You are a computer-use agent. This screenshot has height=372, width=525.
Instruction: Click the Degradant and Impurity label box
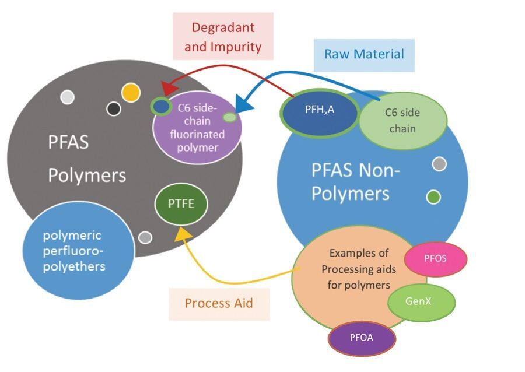pyautogui.click(x=223, y=36)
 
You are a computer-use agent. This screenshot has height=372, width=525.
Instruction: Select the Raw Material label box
pyautogui.click(x=364, y=55)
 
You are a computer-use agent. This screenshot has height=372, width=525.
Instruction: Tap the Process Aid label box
pyautogui.click(x=219, y=304)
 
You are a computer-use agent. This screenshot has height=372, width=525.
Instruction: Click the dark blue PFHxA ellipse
pyautogui.click(x=320, y=110)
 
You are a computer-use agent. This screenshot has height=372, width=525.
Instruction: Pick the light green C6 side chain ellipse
pyautogui.click(x=402, y=121)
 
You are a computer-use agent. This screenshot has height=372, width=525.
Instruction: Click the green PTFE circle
pyautogui.click(x=181, y=205)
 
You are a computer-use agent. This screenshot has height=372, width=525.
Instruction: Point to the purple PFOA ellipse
pyautogui.click(x=362, y=338)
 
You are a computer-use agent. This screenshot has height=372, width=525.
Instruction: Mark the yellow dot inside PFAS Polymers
pyautogui.click(x=131, y=92)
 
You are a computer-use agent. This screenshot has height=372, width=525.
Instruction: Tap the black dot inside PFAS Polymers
pyautogui.click(x=114, y=108)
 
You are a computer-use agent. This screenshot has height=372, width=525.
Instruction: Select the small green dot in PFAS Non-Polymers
pyautogui.click(x=433, y=198)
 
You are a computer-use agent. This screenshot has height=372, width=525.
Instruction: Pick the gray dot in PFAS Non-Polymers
pyautogui.click(x=439, y=164)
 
